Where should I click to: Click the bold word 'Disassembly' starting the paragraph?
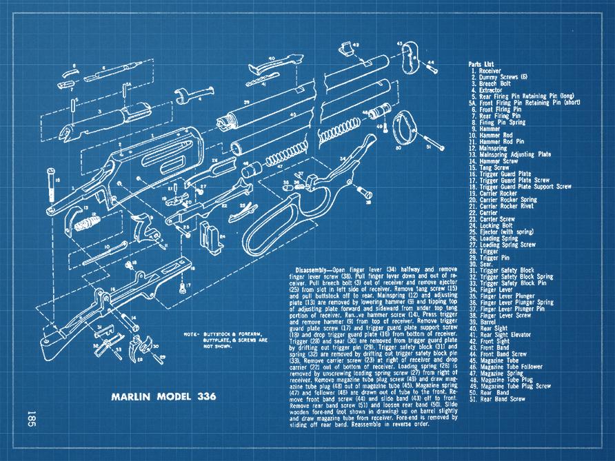(313, 269)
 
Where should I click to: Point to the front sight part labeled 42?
(345, 48)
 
